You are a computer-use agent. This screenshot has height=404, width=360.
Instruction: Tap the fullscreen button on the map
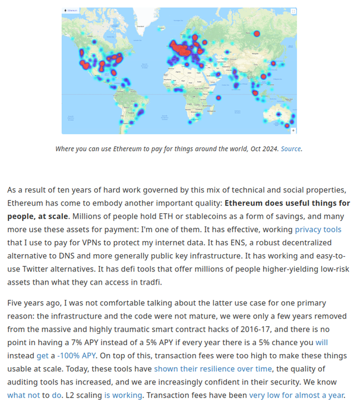pyautogui.click(x=293, y=11)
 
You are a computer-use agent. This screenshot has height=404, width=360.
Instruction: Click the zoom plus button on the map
pyautogui.click(x=293, y=130)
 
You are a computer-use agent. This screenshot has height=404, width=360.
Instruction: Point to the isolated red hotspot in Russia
pyautogui.click(x=257, y=33)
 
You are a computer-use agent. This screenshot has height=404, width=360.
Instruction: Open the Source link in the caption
pyautogui.click(x=290, y=149)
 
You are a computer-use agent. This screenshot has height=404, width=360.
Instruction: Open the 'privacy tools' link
pyautogui.click(x=318, y=229)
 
